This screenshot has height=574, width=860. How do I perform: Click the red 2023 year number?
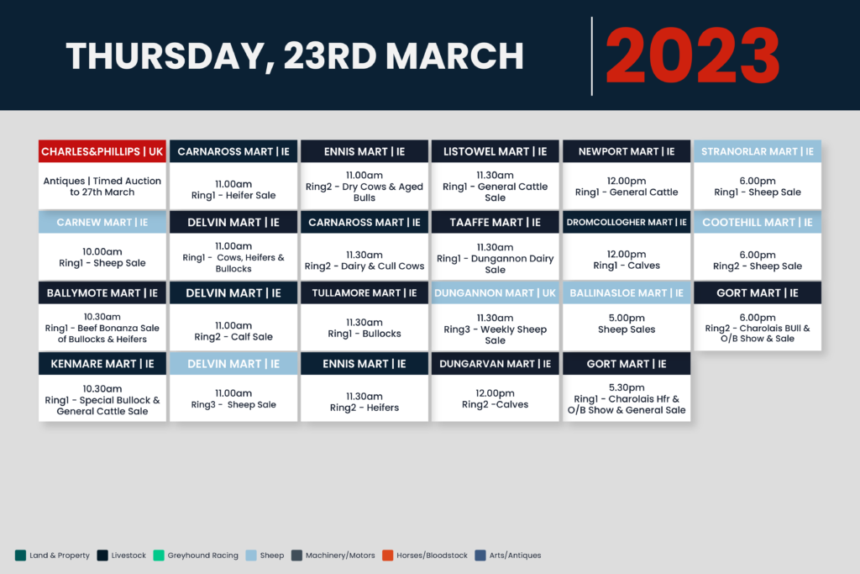692,56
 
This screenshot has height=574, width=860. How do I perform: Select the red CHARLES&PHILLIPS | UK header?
102,151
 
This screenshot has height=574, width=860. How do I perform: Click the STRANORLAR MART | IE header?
758,151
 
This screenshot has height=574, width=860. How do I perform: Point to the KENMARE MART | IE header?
102,364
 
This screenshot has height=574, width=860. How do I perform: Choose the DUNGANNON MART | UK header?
495,293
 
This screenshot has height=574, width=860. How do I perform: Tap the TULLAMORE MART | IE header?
364,293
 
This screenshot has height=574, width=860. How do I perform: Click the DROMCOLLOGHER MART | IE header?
627,222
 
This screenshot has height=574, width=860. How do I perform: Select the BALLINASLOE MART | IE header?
627,293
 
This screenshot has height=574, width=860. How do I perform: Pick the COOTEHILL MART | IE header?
758,222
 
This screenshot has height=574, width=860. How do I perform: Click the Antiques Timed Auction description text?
102,187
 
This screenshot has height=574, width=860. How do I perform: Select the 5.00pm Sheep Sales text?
627,324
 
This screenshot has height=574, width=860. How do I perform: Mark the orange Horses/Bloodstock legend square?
388,556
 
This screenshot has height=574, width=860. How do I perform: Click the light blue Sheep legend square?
251,556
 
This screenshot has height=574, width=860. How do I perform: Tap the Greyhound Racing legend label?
203,556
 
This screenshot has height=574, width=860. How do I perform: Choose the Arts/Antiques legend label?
515,556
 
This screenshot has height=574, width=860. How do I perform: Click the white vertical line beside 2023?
592,56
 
